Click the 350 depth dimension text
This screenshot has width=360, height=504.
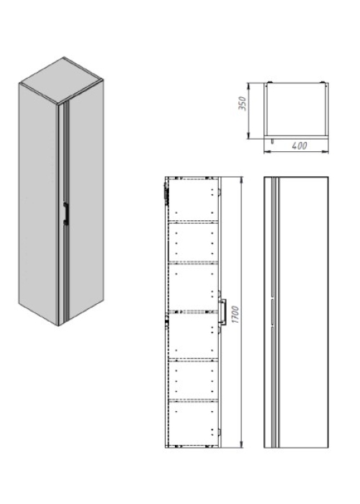243,104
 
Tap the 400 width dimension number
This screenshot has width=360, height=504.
300,145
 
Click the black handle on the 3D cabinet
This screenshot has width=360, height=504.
66,213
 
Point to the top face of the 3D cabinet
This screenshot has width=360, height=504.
61,80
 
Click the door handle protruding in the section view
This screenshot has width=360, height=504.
223,312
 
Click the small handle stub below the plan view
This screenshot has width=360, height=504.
273,141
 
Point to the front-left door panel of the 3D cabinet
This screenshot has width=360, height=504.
39,202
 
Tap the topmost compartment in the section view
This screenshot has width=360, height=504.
193,199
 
